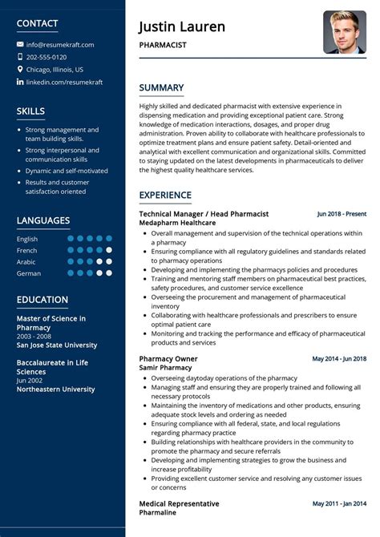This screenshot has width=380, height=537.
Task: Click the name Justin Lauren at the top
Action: tap(182, 27)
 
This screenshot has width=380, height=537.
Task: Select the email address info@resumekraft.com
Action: tap(60, 45)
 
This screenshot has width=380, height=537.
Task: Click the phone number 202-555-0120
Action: tap(46, 57)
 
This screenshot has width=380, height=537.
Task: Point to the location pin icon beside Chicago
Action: tap(20, 70)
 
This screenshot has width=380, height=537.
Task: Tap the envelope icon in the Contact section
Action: tap(20, 45)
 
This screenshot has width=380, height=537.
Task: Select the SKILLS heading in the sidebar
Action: tap(30, 111)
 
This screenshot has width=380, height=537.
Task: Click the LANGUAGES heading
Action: tap(43, 220)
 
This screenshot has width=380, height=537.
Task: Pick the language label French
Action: tap(27, 250)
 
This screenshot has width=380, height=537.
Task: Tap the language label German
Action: tap(29, 273)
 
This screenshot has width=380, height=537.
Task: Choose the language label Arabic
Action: tap(26, 261)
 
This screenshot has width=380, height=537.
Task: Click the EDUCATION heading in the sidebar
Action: tap(42, 300)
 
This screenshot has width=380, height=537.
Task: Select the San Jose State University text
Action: tap(57, 345)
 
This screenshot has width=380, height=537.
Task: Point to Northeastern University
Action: tap(55, 390)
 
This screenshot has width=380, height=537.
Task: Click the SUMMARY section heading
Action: tap(161, 87)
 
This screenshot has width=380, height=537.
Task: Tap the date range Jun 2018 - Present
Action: tap(342, 214)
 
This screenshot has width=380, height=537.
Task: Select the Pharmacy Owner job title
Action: tap(168, 358)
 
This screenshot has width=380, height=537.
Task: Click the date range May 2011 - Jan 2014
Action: tap(339, 503)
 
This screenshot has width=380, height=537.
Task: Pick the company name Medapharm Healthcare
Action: tap(177, 223)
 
